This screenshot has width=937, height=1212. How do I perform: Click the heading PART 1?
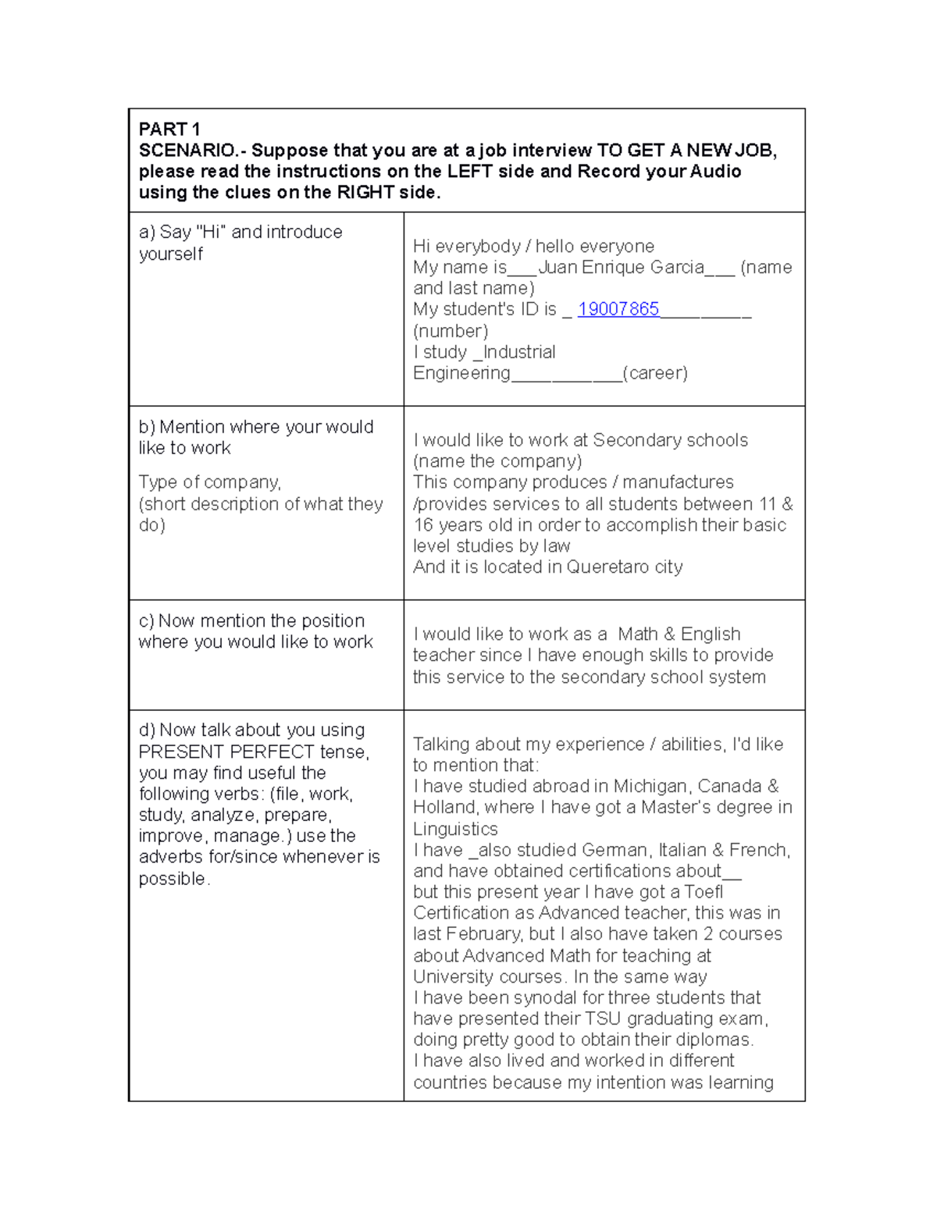click(169, 129)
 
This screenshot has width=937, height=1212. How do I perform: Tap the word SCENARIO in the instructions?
click(186, 150)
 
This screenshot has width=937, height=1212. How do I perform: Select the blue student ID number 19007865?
click(618, 309)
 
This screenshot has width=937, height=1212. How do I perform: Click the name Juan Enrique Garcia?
click(622, 267)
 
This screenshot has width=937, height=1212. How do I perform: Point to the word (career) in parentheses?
click(655, 373)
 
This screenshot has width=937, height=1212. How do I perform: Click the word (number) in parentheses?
click(451, 331)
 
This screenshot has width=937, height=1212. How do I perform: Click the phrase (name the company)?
click(497, 461)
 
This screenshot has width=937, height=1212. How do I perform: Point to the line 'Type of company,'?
click(209, 482)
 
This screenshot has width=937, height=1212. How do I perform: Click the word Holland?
click(444, 807)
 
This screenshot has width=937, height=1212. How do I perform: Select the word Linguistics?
click(455, 829)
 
